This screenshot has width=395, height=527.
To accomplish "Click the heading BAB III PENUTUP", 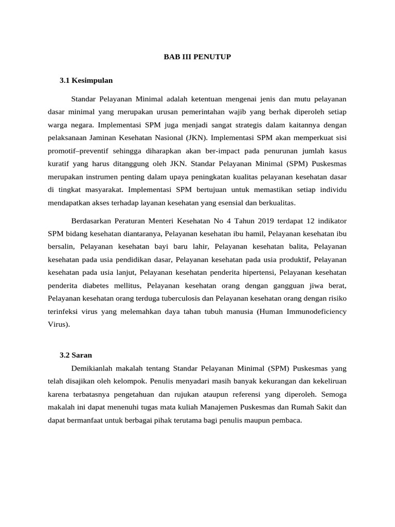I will pyautogui.click(x=197, y=57).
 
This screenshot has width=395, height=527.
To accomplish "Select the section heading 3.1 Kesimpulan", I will pyautogui.click(x=86, y=80).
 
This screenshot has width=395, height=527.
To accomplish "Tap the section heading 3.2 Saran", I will pyautogui.click(x=76, y=355).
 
